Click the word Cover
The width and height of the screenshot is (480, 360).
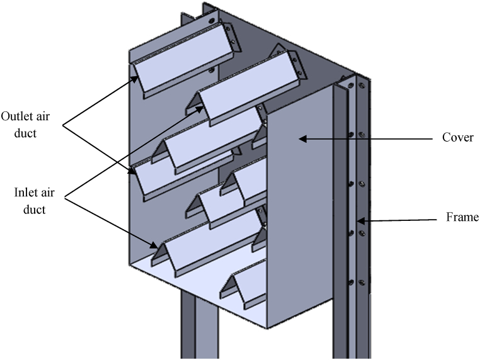tap(457, 138)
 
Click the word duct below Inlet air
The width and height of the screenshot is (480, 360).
tap(35, 210)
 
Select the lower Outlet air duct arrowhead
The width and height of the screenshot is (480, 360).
tap(132, 171)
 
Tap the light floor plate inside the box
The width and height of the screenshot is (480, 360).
tap(189, 277)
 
